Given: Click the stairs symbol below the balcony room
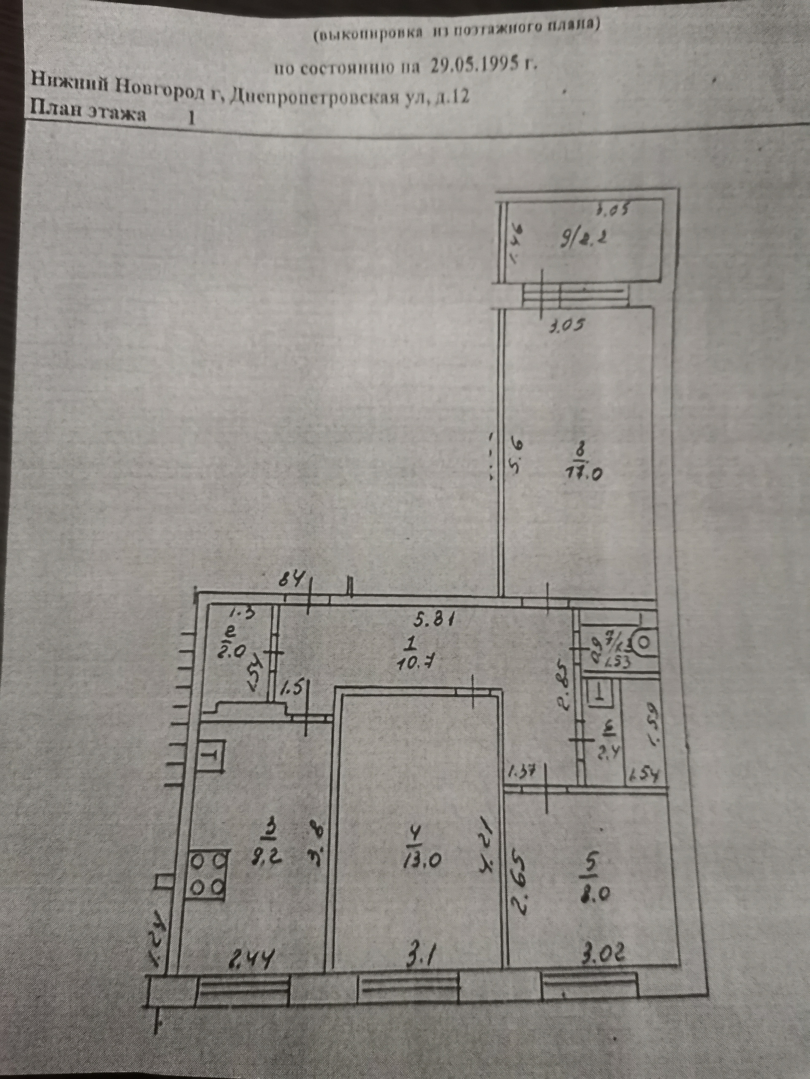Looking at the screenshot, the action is tap(575, 295).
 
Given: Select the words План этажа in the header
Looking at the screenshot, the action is tap(88, 113).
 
